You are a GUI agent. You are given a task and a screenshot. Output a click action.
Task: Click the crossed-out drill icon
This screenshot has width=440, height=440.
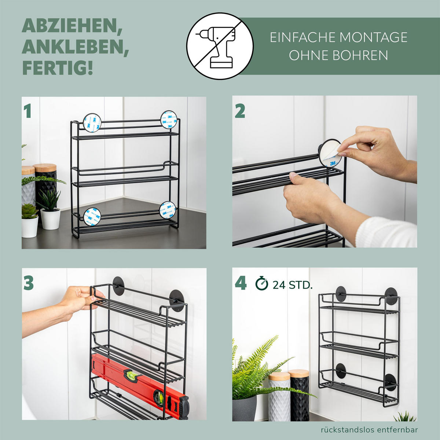tap(220, 46)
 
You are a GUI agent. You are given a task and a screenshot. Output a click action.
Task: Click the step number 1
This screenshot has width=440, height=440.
tap(27, 111)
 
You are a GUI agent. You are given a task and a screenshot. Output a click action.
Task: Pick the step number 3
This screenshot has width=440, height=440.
tap(29, 283)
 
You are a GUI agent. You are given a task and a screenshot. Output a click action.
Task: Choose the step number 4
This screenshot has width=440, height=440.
tap(241, 283)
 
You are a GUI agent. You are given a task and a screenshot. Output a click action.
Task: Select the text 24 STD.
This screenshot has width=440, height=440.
tap(293, 285)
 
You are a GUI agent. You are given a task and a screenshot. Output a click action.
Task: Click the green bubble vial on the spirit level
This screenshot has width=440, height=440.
tap(131, 374)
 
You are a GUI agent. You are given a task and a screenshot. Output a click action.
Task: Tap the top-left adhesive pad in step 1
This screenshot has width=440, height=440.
tap(92, 122)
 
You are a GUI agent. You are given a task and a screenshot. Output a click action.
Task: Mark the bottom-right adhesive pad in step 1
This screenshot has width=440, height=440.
tap(168, 210)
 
